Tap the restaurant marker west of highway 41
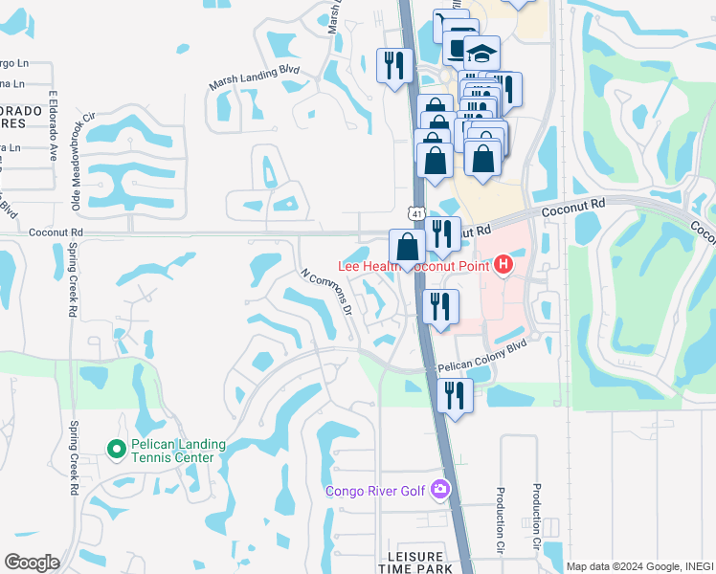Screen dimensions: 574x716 point(393,66)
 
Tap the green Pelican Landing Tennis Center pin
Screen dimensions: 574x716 point(116,448)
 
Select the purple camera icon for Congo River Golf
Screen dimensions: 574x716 point(439,490)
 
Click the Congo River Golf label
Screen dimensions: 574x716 point(377,492)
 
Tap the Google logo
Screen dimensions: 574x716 point(32,563)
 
